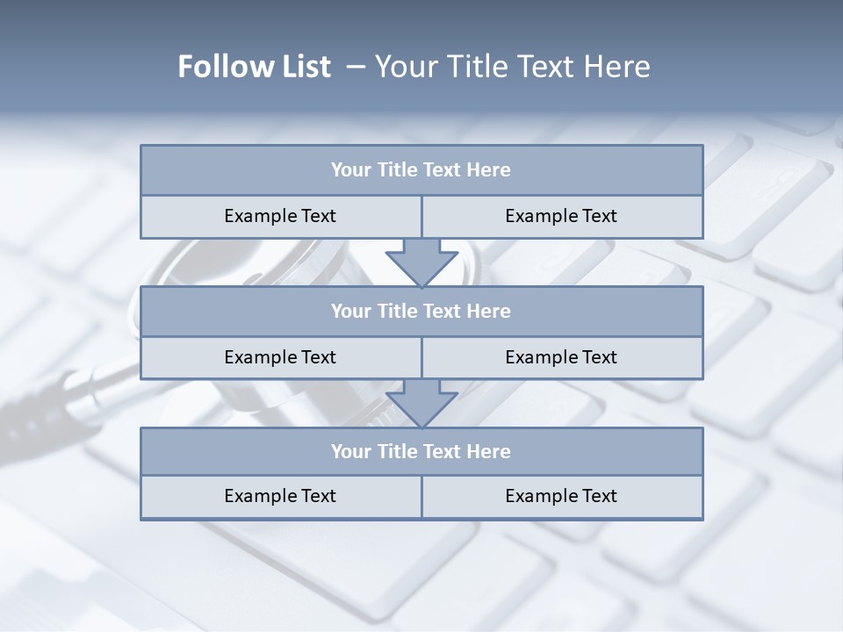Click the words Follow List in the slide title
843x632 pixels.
pos(255,67)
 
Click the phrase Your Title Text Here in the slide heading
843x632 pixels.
pos(512,67)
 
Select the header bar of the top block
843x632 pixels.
pos(421,170)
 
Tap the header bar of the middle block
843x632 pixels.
pos(421,312)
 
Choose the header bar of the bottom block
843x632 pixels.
pos(421,452)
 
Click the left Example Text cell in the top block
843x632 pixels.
pos(280,217)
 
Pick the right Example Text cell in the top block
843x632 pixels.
pos(561,217)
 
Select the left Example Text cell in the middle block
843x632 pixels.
pos(280,357)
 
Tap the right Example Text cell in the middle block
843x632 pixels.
pos(561,357)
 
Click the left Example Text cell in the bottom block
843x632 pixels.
pos(280,497)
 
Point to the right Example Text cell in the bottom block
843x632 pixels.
pos(561,497)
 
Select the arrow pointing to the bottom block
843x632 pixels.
pos(421,402)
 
